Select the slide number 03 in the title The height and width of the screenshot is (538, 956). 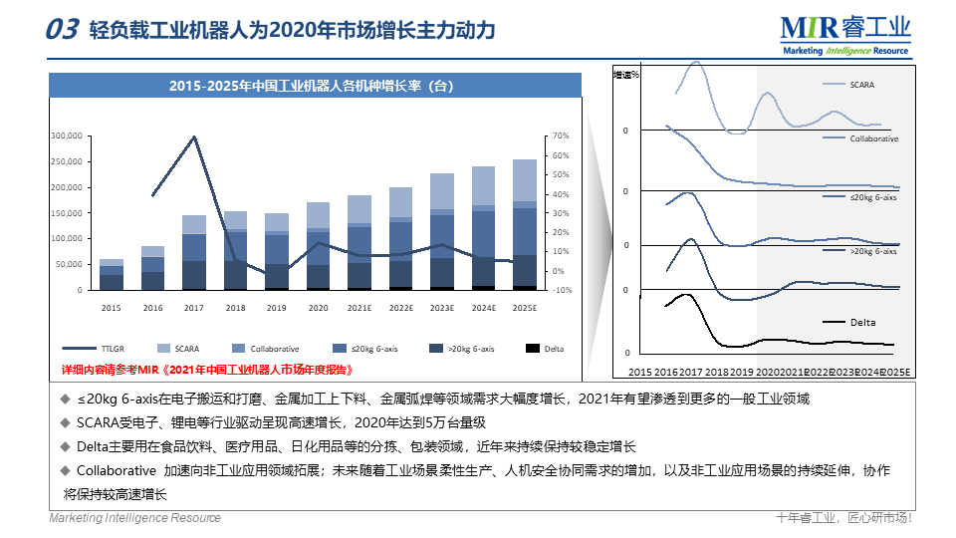[62, 30]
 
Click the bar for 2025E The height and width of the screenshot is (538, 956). [524, 224]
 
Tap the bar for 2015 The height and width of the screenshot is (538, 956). [112, 274]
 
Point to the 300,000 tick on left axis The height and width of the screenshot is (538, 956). [66, 135]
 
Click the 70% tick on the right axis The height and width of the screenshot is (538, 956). [560, 135]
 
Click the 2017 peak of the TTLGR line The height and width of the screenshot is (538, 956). [194, 136]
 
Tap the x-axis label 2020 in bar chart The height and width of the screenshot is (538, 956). [318, 309]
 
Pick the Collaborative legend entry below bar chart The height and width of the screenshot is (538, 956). [275, 349]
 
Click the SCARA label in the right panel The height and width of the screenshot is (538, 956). [862, 85]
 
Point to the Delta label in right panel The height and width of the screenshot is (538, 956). [863, 322]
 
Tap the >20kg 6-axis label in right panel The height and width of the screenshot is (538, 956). [873, 251]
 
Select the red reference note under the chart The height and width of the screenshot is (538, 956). [207, 369]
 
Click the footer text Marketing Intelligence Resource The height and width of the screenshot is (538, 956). [135, 518]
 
